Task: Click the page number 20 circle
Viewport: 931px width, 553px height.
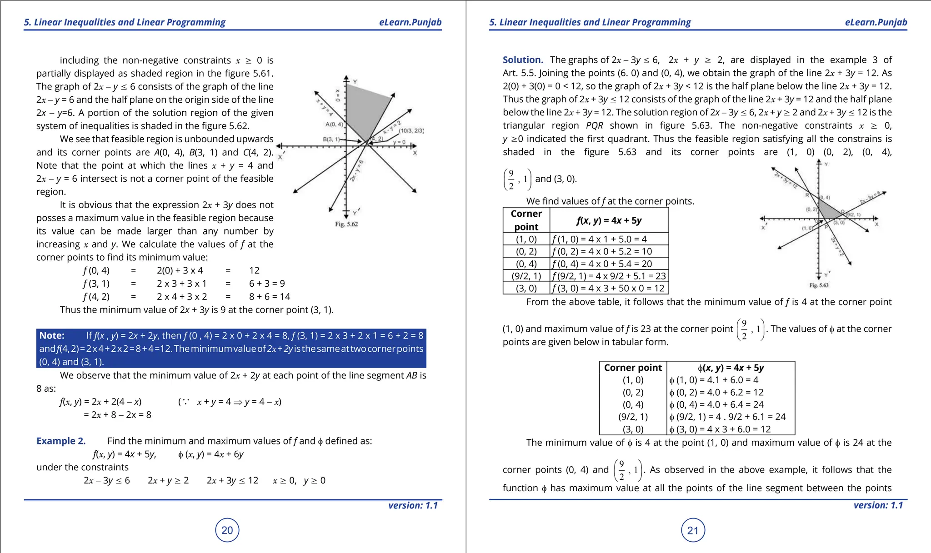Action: (227, 530)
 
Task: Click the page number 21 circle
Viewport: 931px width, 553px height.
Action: (693, 530)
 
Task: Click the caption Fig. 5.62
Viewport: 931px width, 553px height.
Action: (346, 224)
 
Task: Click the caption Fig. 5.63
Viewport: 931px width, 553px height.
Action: (819, 285)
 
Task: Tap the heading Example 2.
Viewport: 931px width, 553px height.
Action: (61, 441)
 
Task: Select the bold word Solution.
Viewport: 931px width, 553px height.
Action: (523, 60)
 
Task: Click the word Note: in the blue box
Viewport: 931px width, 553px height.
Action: (52, 335)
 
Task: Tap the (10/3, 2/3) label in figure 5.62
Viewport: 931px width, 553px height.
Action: (411, 131)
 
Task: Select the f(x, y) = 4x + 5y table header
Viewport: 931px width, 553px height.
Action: (609, 220)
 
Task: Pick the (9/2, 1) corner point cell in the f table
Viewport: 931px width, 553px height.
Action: (526, 276)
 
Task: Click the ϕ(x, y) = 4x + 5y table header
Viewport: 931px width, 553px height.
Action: (731, 368)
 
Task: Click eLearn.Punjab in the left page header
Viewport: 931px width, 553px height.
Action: (410, 22)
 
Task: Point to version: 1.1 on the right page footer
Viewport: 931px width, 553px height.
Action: (878, 505)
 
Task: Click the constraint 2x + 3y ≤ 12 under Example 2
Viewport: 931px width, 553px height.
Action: (232, 480)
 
